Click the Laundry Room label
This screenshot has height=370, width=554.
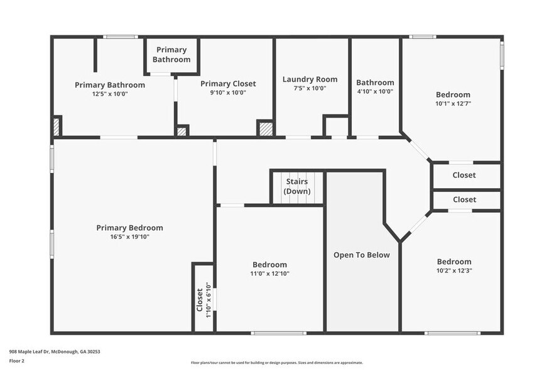coord(310,79)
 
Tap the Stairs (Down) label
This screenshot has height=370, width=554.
coord(296,186)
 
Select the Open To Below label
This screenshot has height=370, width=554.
coord(361,255)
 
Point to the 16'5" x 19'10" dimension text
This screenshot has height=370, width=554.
coord(129,237)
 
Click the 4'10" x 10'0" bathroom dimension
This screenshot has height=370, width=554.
coord(375,91)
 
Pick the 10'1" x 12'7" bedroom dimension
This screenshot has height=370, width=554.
coord(453,103)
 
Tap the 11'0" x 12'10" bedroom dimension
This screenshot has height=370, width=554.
coord(269,273)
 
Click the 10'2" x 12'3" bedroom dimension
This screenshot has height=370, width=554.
coord(454,270)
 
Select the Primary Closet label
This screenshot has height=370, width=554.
coord(228,84)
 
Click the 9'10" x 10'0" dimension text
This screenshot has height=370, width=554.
coord(227,92)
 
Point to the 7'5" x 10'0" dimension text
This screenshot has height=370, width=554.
coord(310,88)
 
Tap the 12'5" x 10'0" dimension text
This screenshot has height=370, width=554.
coord(110,94)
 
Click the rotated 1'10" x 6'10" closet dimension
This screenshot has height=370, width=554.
coord(209,300)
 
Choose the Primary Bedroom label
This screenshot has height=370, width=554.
coord(129,228)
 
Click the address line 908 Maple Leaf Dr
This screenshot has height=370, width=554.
coord(55,352)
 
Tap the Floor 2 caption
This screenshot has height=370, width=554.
coord(17,361)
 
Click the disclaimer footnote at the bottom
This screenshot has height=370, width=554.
coord(276,362)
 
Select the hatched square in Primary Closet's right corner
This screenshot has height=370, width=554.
coord(266,128)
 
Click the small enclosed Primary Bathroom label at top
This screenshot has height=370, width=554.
coord(171,55)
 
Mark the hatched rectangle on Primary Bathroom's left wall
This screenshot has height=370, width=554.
coord(57,126)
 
